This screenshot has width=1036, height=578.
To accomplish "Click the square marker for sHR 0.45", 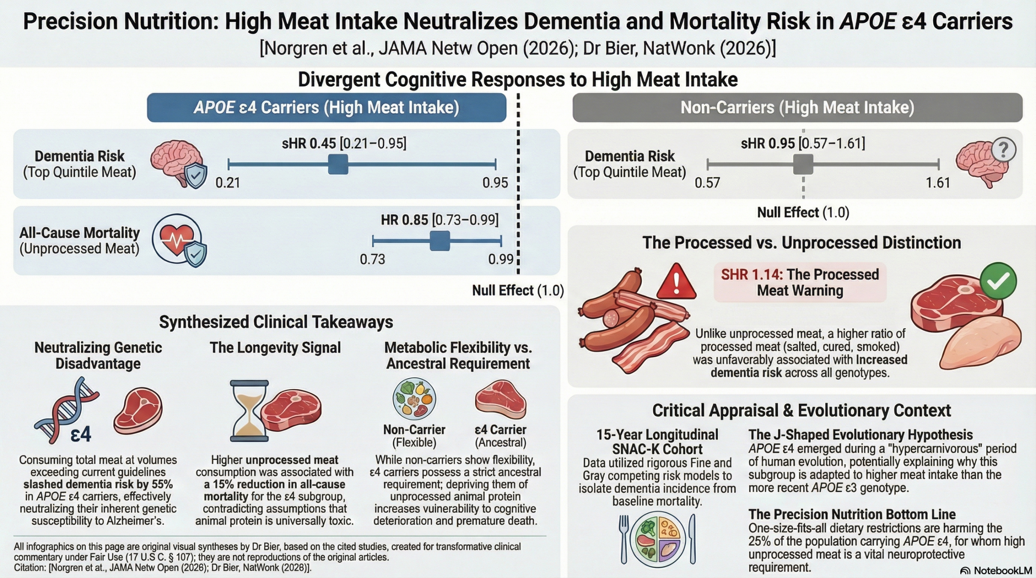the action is pyautogui.click(x=338, y=164).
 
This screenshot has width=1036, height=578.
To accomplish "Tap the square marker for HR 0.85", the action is pyautogui.click(x=439, y=241).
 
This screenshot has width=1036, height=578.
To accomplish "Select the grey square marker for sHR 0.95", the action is pyautogui.click(x=803, y=164).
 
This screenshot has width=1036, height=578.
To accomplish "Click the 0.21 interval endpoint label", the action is pyautogui.click(x=228, y=183).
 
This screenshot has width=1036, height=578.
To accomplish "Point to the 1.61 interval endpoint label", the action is pyautogui.click(x=938, y=183).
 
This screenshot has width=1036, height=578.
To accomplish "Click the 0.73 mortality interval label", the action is pyautogui.click(x=372, y=259).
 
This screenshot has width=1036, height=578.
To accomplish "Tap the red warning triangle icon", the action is pyautogui.click(x=676, y=280).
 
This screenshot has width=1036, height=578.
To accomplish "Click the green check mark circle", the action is pyautogui.click(x=998, y=281).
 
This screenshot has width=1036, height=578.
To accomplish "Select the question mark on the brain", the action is pyautogui.click(x=1004, y=150).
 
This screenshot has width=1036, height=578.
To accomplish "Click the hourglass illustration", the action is pyautogui.click(x=249, y=410).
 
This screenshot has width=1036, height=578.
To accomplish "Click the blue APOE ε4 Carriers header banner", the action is pyautogui.click(x=327, y=108).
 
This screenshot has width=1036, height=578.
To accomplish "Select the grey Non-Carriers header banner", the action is pyautogui.click(x=797, y=108).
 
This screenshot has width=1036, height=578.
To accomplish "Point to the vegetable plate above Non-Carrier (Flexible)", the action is pyautogui.click(x=414, y=399).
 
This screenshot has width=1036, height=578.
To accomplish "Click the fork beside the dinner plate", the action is pyautogui.click(x=624, y=539).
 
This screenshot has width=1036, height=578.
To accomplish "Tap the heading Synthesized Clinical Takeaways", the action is pyautogui.click(x=276, y=322).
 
